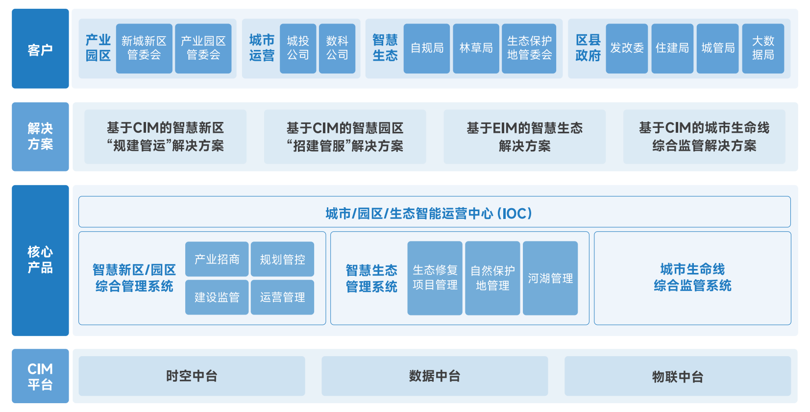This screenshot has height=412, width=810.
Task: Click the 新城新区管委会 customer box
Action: click(144, 48)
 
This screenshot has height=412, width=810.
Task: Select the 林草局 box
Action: click(476, 48)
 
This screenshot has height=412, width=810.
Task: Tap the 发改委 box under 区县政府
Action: click(627, 48)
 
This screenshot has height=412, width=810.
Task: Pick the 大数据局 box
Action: click(763, 48)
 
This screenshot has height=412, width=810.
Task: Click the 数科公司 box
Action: click(337, 48)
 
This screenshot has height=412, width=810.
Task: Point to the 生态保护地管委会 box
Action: click(529, 48)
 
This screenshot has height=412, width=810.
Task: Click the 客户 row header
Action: click(40, 49)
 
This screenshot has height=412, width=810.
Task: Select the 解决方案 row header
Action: click(40, 137)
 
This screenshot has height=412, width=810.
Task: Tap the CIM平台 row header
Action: click(40, 376)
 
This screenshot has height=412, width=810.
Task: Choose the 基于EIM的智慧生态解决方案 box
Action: click(524, 137)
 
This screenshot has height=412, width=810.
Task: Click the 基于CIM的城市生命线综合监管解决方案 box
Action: click(704, 137)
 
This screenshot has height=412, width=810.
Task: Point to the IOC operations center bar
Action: click(434, 212)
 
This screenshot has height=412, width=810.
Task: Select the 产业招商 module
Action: click(217, 259)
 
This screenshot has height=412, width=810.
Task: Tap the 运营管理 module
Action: click(282, 297)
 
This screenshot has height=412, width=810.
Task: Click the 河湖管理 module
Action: click(550, 278)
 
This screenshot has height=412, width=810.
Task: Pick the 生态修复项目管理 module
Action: click(435, 278)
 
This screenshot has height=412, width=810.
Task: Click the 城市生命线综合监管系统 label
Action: click(692, 278)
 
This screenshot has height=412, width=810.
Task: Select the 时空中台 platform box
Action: click(192, 376)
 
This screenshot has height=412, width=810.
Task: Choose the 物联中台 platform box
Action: click(678, 376)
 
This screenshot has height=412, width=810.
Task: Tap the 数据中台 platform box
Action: click(435, 376)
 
